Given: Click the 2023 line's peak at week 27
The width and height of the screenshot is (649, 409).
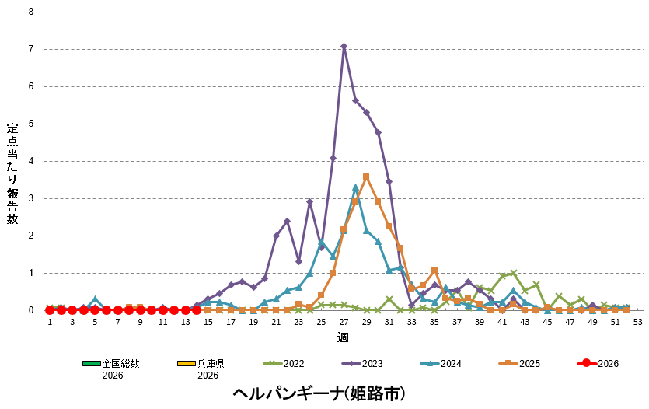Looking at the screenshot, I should [344, 46].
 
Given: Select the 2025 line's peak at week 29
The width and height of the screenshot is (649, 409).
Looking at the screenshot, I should [366, 177].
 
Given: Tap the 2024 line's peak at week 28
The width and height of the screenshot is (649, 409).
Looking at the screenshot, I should [355, 187].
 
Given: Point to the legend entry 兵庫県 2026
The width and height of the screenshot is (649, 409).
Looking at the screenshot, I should [196, 369].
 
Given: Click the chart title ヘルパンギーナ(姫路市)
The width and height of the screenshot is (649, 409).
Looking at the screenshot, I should [319, 393].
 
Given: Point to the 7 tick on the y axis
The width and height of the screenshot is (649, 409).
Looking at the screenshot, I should [30, 50].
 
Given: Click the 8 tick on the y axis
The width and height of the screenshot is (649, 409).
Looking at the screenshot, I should [30, 12].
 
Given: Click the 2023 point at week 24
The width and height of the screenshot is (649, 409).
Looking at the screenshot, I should [309, 202].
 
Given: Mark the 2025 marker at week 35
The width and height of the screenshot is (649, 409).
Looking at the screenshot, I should [434, 270].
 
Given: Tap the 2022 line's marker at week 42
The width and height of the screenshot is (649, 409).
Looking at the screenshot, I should [514, 273].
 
